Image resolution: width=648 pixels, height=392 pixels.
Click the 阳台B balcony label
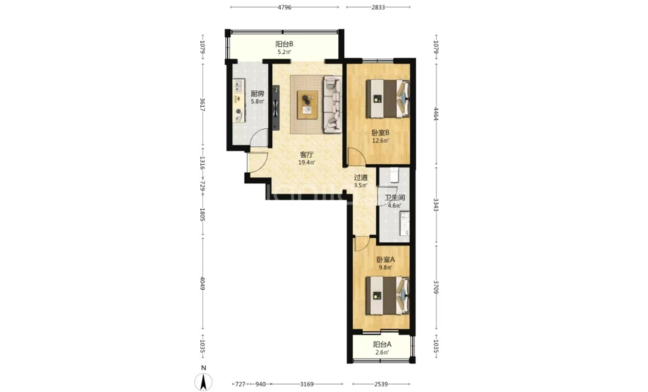tap(284, 44)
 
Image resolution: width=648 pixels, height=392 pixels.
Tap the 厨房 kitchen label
tap(257, 94)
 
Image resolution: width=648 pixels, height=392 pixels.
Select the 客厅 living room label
tap(306, 155)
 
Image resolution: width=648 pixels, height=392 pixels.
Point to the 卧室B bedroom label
tap(380, 133)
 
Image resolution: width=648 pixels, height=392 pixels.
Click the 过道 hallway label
tap(361, 177)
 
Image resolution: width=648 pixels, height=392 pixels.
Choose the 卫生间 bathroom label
tap(395, 198)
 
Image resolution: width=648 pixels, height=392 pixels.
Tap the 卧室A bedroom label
tap(386, 260)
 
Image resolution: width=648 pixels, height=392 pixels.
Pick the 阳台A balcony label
tap(382, 344)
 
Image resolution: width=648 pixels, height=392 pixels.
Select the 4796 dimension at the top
tap(284, 7)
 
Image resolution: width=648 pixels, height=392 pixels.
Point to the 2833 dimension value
tap(378, 7)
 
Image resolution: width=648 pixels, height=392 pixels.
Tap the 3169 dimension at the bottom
tap(306, 385)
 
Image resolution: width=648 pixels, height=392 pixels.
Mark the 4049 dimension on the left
tap(202, 283)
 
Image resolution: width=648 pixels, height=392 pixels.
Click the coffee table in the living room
tap(308, 105)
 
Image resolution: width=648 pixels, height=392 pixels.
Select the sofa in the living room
tap(333, 105)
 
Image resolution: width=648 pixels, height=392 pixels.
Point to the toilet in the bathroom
tap(393, 175)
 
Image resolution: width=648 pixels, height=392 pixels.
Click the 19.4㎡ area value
tap(306, 163)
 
